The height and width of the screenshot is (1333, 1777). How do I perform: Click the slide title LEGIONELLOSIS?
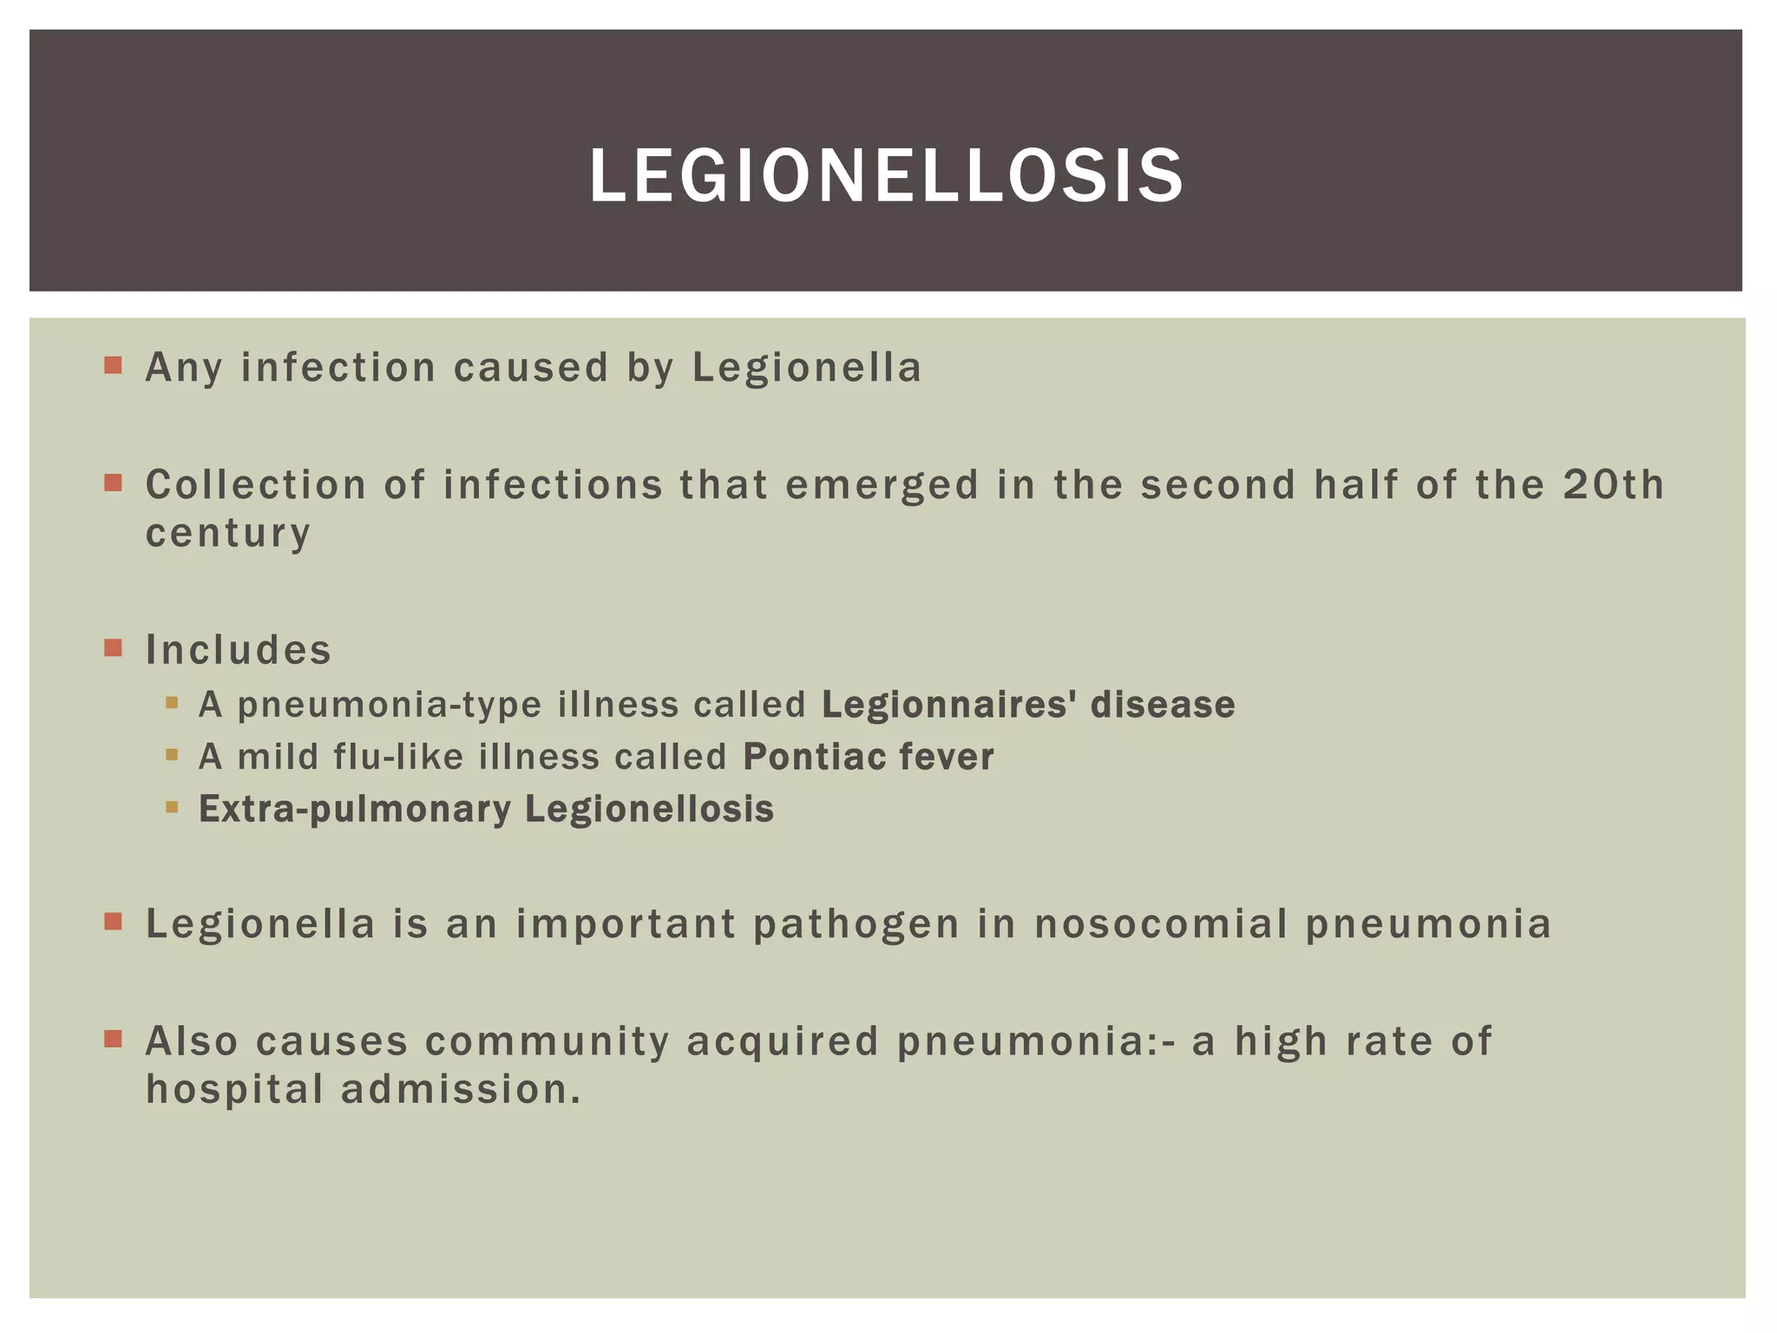(886, 176)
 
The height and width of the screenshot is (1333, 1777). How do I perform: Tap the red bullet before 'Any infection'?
(113, 364)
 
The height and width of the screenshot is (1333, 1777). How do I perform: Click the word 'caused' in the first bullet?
(531, 367)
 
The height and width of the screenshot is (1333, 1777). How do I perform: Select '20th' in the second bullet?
(1614, 484)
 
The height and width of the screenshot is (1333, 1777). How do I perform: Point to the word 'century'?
(227, 533)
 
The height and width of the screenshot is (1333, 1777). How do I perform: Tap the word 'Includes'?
(239, 649)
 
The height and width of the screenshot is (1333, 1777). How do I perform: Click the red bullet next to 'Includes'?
(113, 647)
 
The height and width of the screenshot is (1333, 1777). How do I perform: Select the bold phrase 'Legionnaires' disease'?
(1028, 704)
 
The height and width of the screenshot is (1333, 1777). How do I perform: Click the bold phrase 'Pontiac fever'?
(869, 757)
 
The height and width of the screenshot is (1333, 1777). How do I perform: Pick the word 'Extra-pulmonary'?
(355, 809)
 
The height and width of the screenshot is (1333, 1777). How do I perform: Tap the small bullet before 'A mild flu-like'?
(172, 755)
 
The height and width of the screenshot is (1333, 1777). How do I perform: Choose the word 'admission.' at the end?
(461, 1089)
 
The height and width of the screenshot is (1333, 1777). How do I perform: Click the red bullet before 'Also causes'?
(113, 1039)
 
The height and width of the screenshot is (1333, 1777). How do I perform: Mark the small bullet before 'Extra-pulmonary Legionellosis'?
(172, 807)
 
